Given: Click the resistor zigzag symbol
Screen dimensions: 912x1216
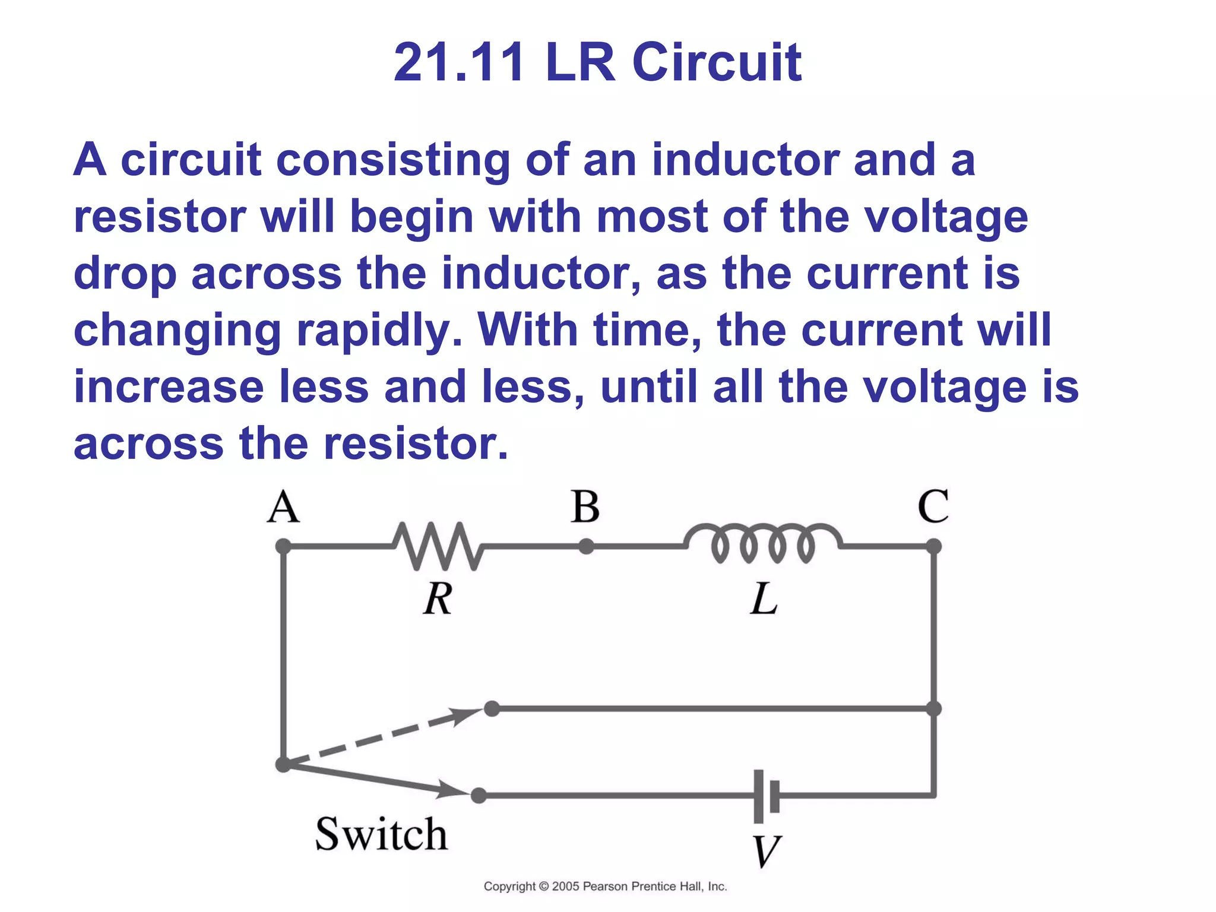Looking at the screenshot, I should [x=438, y=546].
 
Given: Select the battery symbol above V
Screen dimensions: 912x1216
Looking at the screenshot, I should [x=766, y=796].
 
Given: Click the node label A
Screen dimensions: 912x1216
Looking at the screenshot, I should [x=283, y=508].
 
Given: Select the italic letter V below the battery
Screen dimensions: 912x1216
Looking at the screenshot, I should [x=766, y=851].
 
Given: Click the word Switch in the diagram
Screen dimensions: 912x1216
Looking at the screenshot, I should [x=381, y=834].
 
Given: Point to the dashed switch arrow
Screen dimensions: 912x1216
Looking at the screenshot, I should [x=386, y=736].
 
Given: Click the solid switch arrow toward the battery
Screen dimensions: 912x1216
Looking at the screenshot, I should [x=380, y=780].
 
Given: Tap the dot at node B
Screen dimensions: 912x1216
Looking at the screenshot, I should [x=586, y=546].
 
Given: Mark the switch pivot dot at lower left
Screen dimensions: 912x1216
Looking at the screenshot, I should [x=284, y=764].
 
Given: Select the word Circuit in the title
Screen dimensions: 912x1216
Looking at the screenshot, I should [x=717, y=62].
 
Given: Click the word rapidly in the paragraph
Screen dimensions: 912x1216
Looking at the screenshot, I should [x=379, y=330].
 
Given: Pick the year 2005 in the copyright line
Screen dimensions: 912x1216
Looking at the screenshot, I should [x=566, y=886].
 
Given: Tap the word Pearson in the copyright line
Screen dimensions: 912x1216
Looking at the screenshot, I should [x=605, y=886].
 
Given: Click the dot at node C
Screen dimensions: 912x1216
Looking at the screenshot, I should [x=933, y=546].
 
